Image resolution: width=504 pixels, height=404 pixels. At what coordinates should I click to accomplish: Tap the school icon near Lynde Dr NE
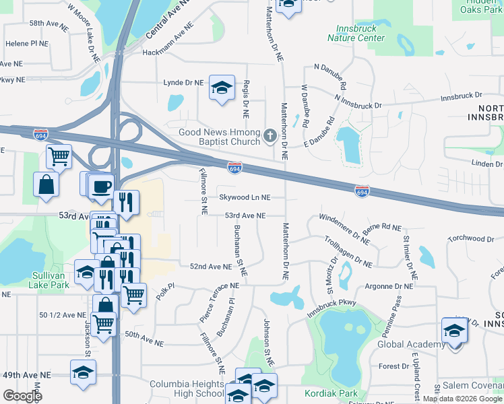(222, 88)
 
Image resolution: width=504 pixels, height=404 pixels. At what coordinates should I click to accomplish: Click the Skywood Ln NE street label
(244, 197)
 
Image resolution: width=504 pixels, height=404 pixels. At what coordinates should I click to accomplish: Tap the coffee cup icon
(102, 186)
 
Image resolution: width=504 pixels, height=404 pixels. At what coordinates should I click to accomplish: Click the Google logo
(23, 395)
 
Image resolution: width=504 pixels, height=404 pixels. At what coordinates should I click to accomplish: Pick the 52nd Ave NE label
(211, 267)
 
